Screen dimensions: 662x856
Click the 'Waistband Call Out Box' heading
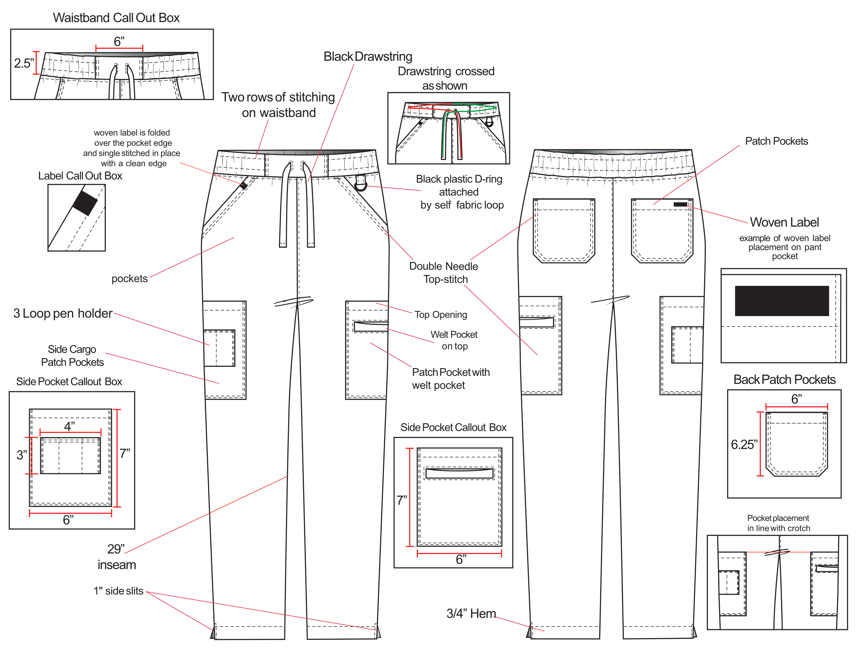click(116, 18)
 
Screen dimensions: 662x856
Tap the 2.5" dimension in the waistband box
click(24, 63)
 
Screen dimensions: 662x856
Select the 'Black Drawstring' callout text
click(368, 57)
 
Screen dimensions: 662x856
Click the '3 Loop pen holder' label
click(63, 313)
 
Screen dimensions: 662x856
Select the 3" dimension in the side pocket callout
click(22, 455)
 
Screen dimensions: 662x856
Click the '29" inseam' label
click(116, 557)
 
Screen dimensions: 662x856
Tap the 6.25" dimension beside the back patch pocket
click(744, 445)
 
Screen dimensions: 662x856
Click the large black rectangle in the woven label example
click(782, 301)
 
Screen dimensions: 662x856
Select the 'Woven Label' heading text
click(784, 222)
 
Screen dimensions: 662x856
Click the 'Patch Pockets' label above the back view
click(776, 141)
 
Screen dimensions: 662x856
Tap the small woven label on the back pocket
click(680, 204)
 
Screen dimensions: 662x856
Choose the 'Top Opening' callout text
click(441, 315)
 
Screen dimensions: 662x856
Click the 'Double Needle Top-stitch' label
click(444, 273)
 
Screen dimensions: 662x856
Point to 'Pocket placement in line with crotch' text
click(778, 523)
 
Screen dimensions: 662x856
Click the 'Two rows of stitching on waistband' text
click(278, 105)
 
